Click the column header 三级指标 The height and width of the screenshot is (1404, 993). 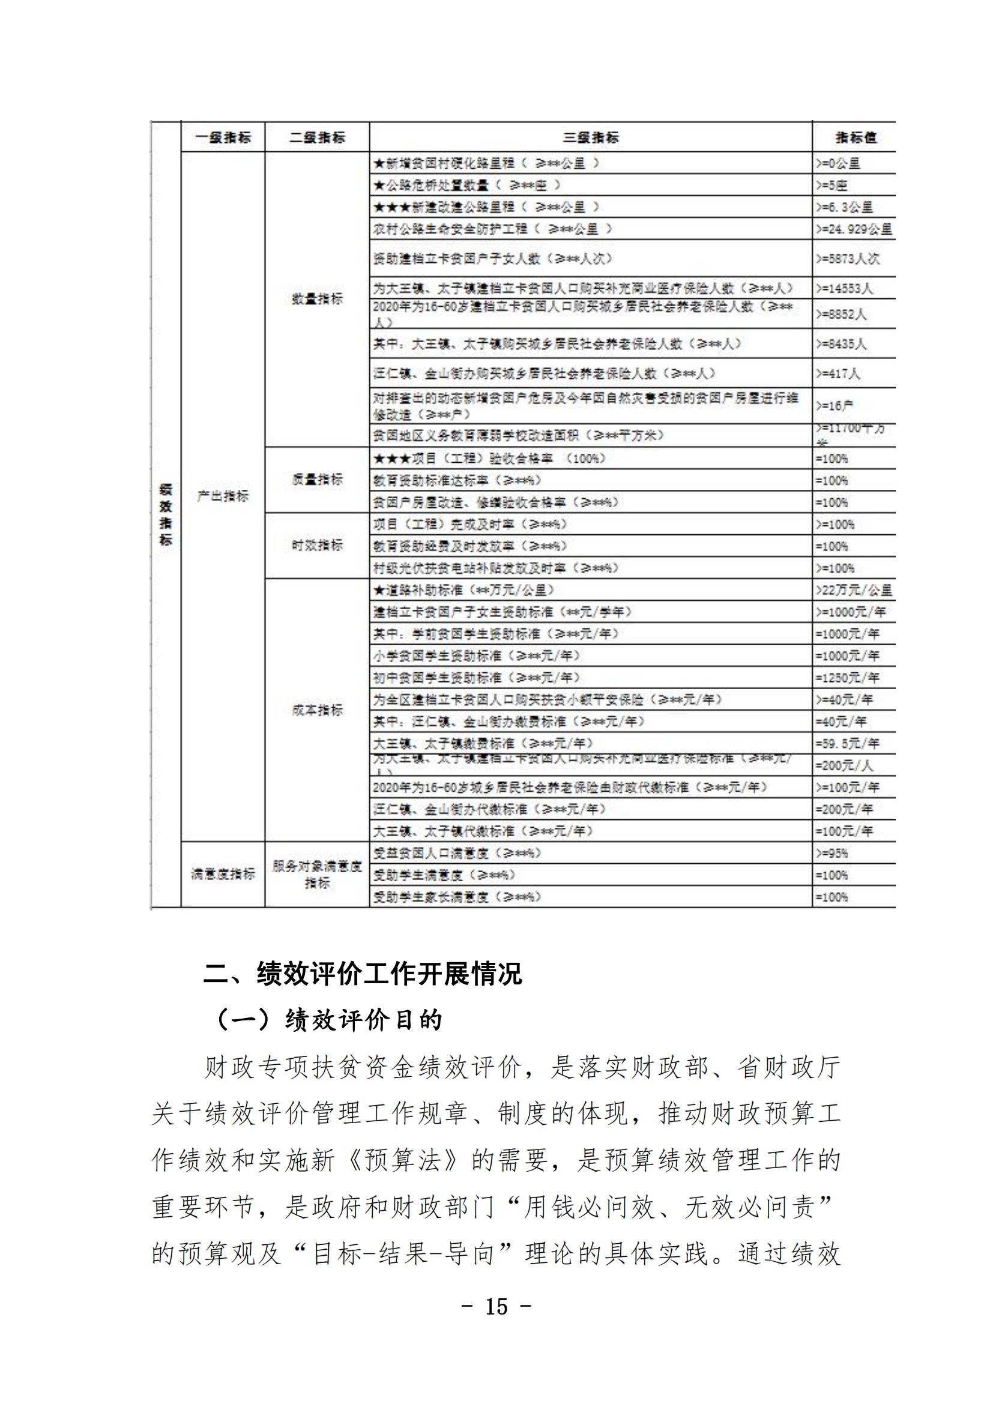[590, 137]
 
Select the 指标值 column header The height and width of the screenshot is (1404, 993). [855, 137]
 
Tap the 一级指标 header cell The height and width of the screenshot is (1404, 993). [223, 137]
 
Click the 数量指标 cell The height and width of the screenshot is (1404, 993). [318, 299]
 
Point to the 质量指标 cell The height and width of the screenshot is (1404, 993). [318, 480]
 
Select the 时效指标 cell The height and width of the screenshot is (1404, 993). [318, 546]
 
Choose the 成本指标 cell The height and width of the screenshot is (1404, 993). [318, 710]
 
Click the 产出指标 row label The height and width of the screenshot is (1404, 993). [223, 496]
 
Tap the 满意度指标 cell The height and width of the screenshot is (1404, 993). [223, 875]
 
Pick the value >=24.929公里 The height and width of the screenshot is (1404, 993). [854, 229]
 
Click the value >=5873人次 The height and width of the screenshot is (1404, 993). [848, 259]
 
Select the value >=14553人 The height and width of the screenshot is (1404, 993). [845, 288]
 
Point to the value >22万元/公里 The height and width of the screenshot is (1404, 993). [854, 590]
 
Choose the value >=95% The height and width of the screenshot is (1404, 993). [832, 853]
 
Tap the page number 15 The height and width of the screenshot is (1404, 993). [496, 1307]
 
